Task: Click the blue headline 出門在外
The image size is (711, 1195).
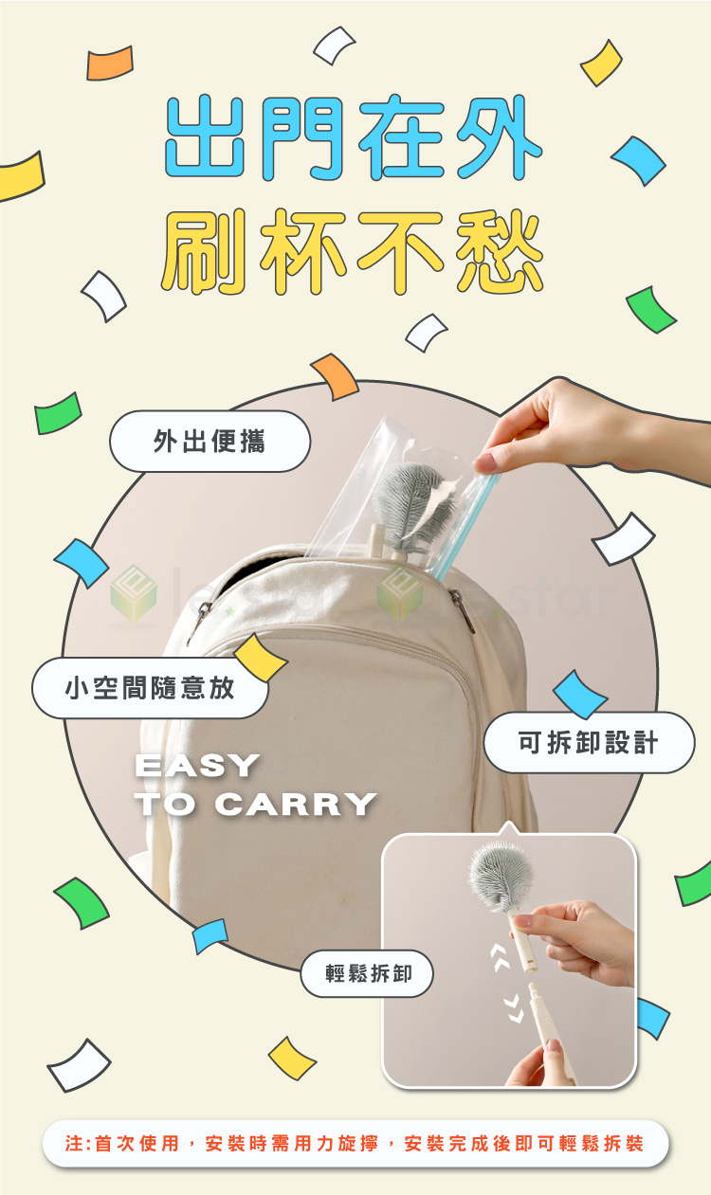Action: [x=354, y=137]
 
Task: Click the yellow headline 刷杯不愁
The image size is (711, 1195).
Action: [x=353, y=251]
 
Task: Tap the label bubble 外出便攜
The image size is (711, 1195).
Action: [x=210, y=442]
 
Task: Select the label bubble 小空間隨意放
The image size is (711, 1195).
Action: [x=150, y=688]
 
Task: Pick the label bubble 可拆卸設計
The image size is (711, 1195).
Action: [x=589, y=742]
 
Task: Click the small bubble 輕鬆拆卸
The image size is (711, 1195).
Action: [x=367, y=973]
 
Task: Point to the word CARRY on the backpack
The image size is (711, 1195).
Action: [x=296, y=804]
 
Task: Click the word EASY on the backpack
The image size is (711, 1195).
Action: [x=197, y=766]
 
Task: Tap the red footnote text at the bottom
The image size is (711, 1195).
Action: [x=355, y=1143]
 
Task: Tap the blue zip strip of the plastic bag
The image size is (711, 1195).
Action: [x=465, y=526]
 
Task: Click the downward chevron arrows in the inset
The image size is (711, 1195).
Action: [x=514, y=1007]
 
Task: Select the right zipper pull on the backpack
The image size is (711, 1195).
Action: [x=463, y=609]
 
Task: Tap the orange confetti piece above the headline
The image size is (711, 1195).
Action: [x=110, y=63]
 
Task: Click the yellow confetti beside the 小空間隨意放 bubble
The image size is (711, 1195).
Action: [x=261, y=658]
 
